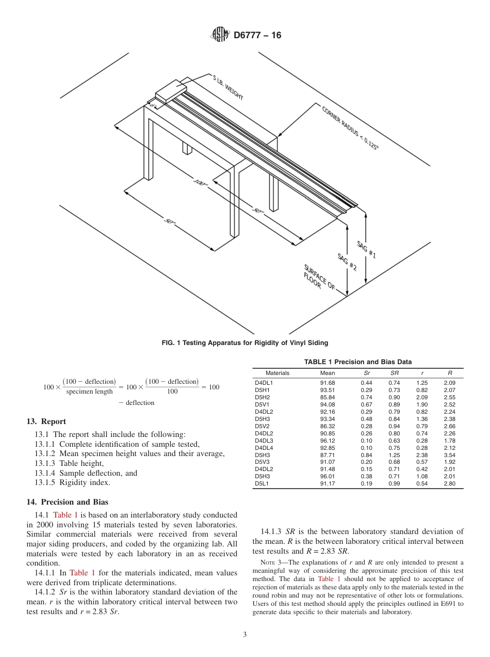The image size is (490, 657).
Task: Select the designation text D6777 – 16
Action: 257,36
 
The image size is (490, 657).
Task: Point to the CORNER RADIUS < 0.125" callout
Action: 350,127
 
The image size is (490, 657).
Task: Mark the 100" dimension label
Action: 201,185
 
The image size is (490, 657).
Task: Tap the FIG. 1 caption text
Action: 244,342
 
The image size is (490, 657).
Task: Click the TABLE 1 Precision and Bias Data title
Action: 357,362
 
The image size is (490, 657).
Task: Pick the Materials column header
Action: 277,373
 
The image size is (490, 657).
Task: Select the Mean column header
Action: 328,373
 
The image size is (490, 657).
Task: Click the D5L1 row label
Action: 262,484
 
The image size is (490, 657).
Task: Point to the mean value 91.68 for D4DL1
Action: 328,383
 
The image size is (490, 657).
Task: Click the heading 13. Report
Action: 46,421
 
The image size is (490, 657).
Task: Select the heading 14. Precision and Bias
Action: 68,502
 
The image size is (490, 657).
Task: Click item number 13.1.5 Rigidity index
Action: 72,482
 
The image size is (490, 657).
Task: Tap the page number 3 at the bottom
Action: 245,635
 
